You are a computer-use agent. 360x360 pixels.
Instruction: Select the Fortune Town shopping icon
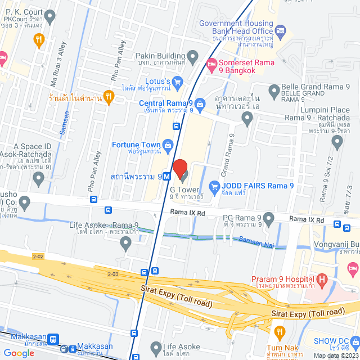(x=168, y=145)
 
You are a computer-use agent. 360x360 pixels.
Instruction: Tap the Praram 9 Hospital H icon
(x=322, y=279)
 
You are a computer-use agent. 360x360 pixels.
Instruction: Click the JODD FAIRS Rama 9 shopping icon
(x=214, y=186)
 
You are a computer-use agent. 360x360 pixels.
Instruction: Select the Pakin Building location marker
(x=193, y=56)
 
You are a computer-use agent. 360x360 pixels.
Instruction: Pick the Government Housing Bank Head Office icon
(x=281, y=30)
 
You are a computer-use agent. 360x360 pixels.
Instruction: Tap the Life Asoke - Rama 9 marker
(x=126, y=244)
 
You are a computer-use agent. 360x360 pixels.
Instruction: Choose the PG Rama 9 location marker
(x=269, y=218)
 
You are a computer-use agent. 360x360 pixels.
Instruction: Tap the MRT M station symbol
(x=168, y=176)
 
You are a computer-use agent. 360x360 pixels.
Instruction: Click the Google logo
(x=19, y=353)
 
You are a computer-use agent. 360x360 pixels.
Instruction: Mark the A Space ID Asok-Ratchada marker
(x=39, y=179)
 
